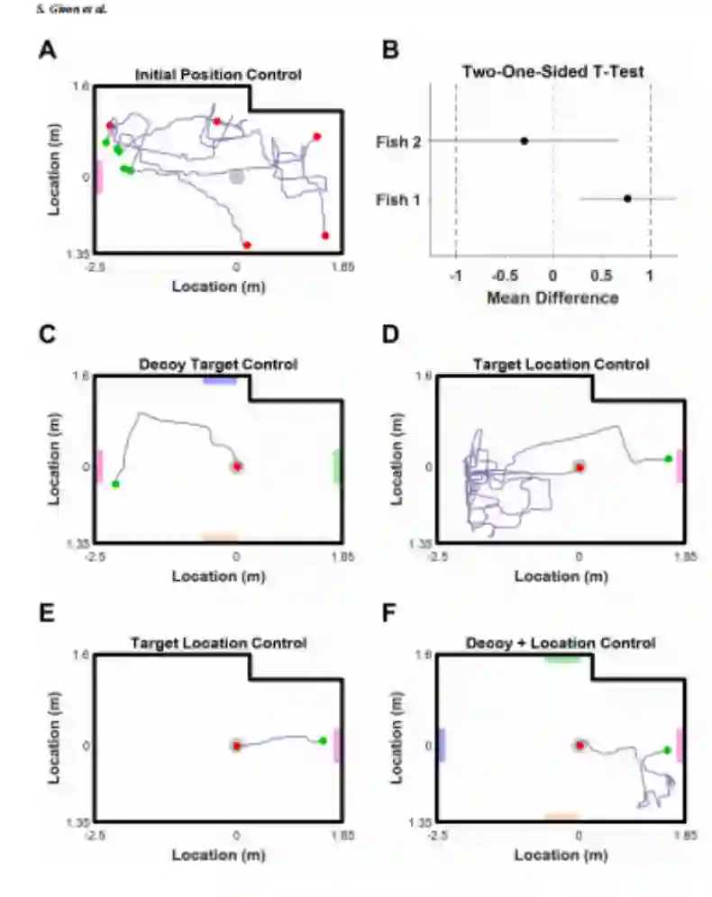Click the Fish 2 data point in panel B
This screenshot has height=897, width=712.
pos(524,140)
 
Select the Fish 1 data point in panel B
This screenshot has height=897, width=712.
pos(627,198)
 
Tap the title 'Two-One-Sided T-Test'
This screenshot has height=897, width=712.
pos(553,72)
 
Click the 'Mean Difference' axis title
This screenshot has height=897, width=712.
pos(552,298)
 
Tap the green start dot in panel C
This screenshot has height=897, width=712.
pos(115,485)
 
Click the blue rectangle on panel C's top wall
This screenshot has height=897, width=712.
pos(219,380)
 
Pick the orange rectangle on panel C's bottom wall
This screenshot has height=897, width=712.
pos(219,538)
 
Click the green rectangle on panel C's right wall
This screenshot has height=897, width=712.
pos(337,467)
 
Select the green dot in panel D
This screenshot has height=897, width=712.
pos(668,459)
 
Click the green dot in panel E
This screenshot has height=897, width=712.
pos(323,740)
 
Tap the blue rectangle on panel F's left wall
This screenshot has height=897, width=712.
pos(441,745)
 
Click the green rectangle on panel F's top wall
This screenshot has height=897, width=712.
pos(561,659)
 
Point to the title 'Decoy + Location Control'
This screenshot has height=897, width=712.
pos(561,643)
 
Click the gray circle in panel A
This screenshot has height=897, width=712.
pos(236,177)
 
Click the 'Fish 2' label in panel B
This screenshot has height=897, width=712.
pos(394,140)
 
